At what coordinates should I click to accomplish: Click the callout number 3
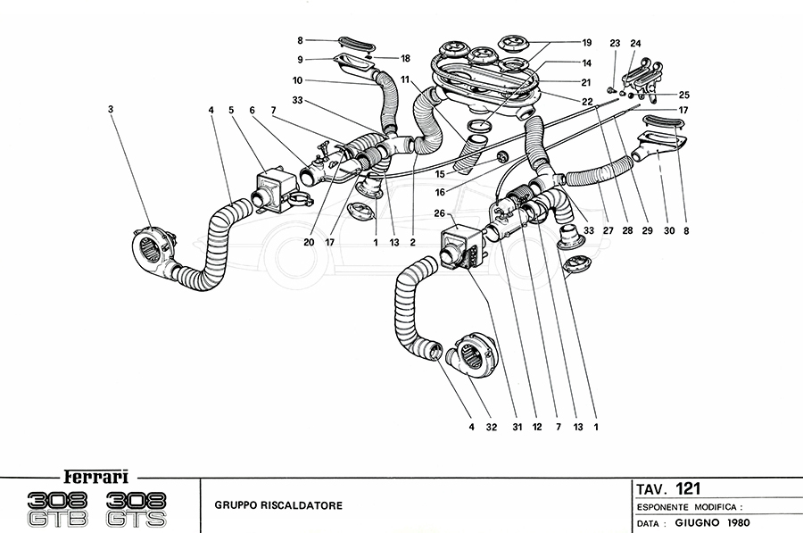coord(110,109)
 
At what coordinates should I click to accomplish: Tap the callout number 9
coord(301,60)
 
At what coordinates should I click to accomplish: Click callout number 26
coord(438,213)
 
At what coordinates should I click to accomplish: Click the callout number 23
coord(615,43)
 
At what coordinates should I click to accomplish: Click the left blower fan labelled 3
coord(153,244)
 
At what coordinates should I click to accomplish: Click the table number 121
coord(688,488)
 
